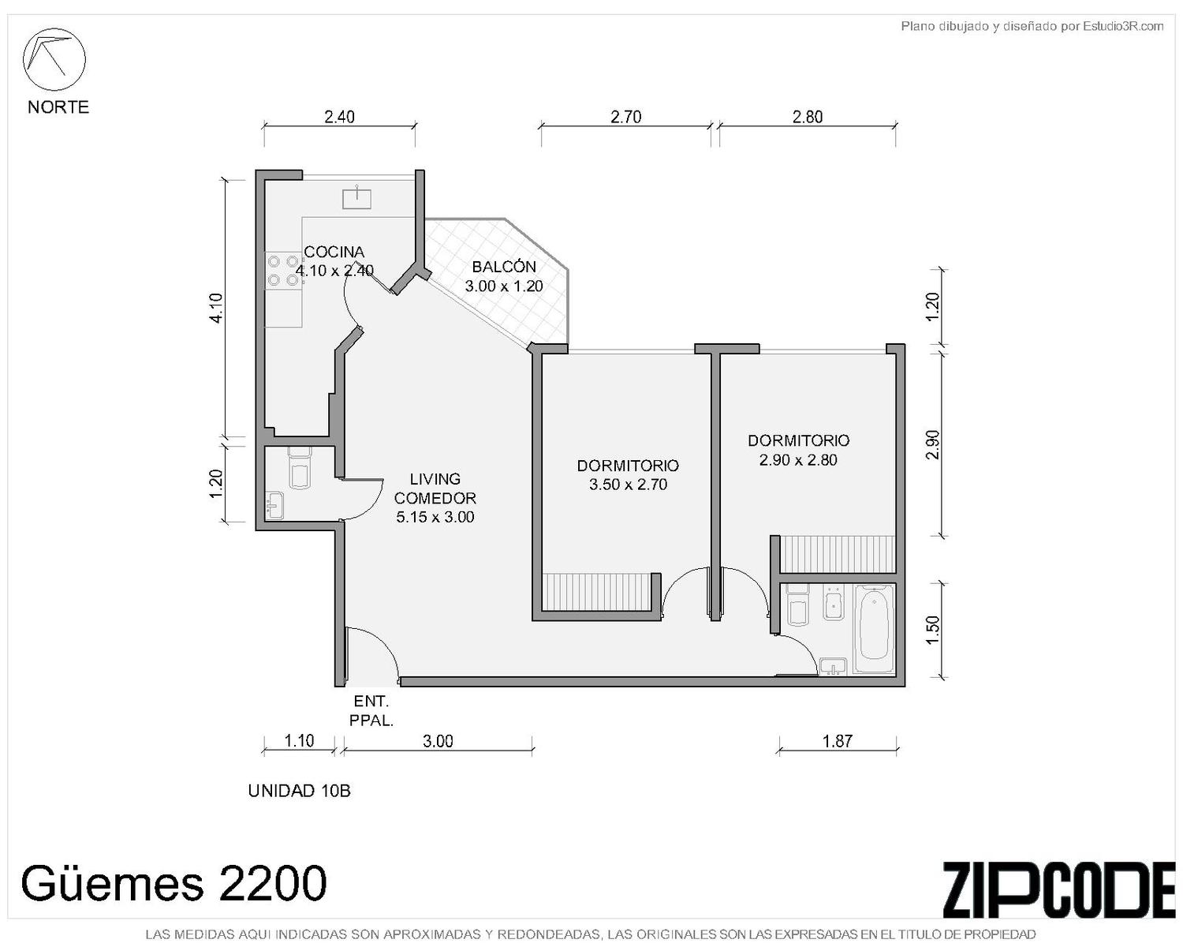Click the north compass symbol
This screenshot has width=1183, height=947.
point(54,59)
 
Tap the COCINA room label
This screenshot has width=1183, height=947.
point(334,252)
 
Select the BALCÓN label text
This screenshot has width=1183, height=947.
point(503,267)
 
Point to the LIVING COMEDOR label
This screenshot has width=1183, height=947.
point(435,488)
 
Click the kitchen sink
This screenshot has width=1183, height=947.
point(356,198)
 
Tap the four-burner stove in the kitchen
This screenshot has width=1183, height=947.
point(284,270)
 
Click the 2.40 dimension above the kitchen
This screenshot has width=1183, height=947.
point(339,117)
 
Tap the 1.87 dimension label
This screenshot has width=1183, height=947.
point(837,741)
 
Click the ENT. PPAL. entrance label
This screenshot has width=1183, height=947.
point(371,711)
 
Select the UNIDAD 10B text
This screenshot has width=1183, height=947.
point(299,791)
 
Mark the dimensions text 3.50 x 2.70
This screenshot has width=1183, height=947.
point(628,485)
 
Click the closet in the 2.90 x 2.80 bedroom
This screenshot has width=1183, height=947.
point(838,554)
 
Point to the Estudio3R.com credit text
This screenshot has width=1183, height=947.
point(1032,26)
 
